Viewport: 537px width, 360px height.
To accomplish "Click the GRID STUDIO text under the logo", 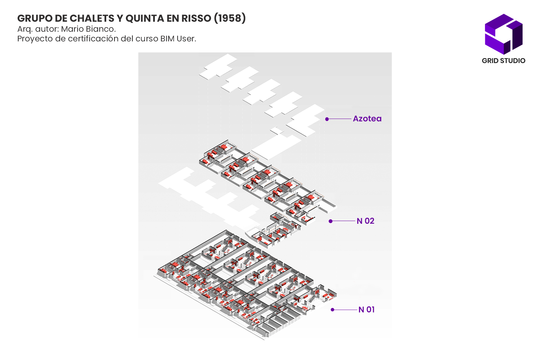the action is [504, 61].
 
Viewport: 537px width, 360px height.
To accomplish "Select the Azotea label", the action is [367, 119].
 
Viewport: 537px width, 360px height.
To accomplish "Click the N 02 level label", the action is [365, 221].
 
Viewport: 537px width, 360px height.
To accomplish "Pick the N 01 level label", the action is [366, 310].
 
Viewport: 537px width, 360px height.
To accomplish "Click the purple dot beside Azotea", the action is [327, 119].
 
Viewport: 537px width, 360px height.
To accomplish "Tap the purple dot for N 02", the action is [330, 221].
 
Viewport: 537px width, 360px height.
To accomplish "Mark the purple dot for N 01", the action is [332, 310].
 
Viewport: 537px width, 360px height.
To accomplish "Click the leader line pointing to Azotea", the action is [339, 119].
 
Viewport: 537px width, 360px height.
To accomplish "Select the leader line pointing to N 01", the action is [345, 310].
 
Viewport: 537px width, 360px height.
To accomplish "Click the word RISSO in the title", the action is [196, 18].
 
